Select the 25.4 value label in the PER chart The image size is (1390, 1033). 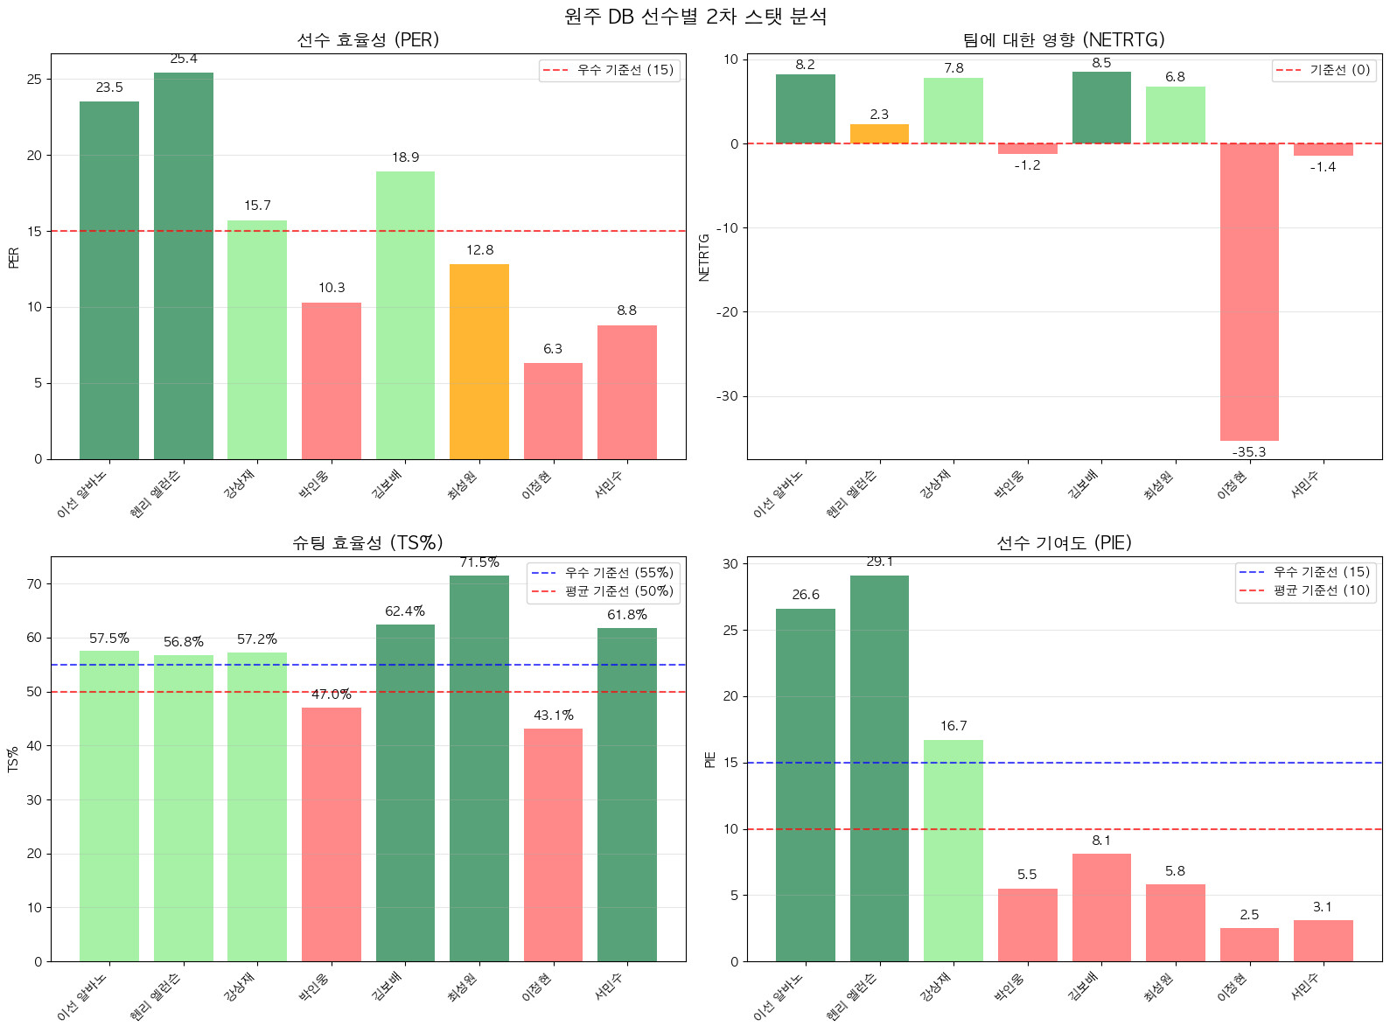(184, 59)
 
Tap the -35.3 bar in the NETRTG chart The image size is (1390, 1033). (1249, 292)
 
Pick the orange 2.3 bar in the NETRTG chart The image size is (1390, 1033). (879, 134)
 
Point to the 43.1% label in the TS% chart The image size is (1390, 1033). (554, 715)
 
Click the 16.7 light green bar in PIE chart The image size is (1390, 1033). (953, 850)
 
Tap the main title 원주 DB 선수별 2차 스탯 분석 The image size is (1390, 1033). (695, 17)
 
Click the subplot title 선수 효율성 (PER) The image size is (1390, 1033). (368, 40)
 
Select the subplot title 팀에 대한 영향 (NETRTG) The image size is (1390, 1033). (1064, 40)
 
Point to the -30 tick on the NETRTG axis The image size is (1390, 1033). (729, 396)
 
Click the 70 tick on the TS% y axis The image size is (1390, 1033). (34, 584)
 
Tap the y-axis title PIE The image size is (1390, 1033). (710, 759)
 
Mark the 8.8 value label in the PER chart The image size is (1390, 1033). (627, 311)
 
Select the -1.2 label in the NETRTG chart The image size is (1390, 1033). (1028, 165)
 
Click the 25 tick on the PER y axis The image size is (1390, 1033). (34, 80)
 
